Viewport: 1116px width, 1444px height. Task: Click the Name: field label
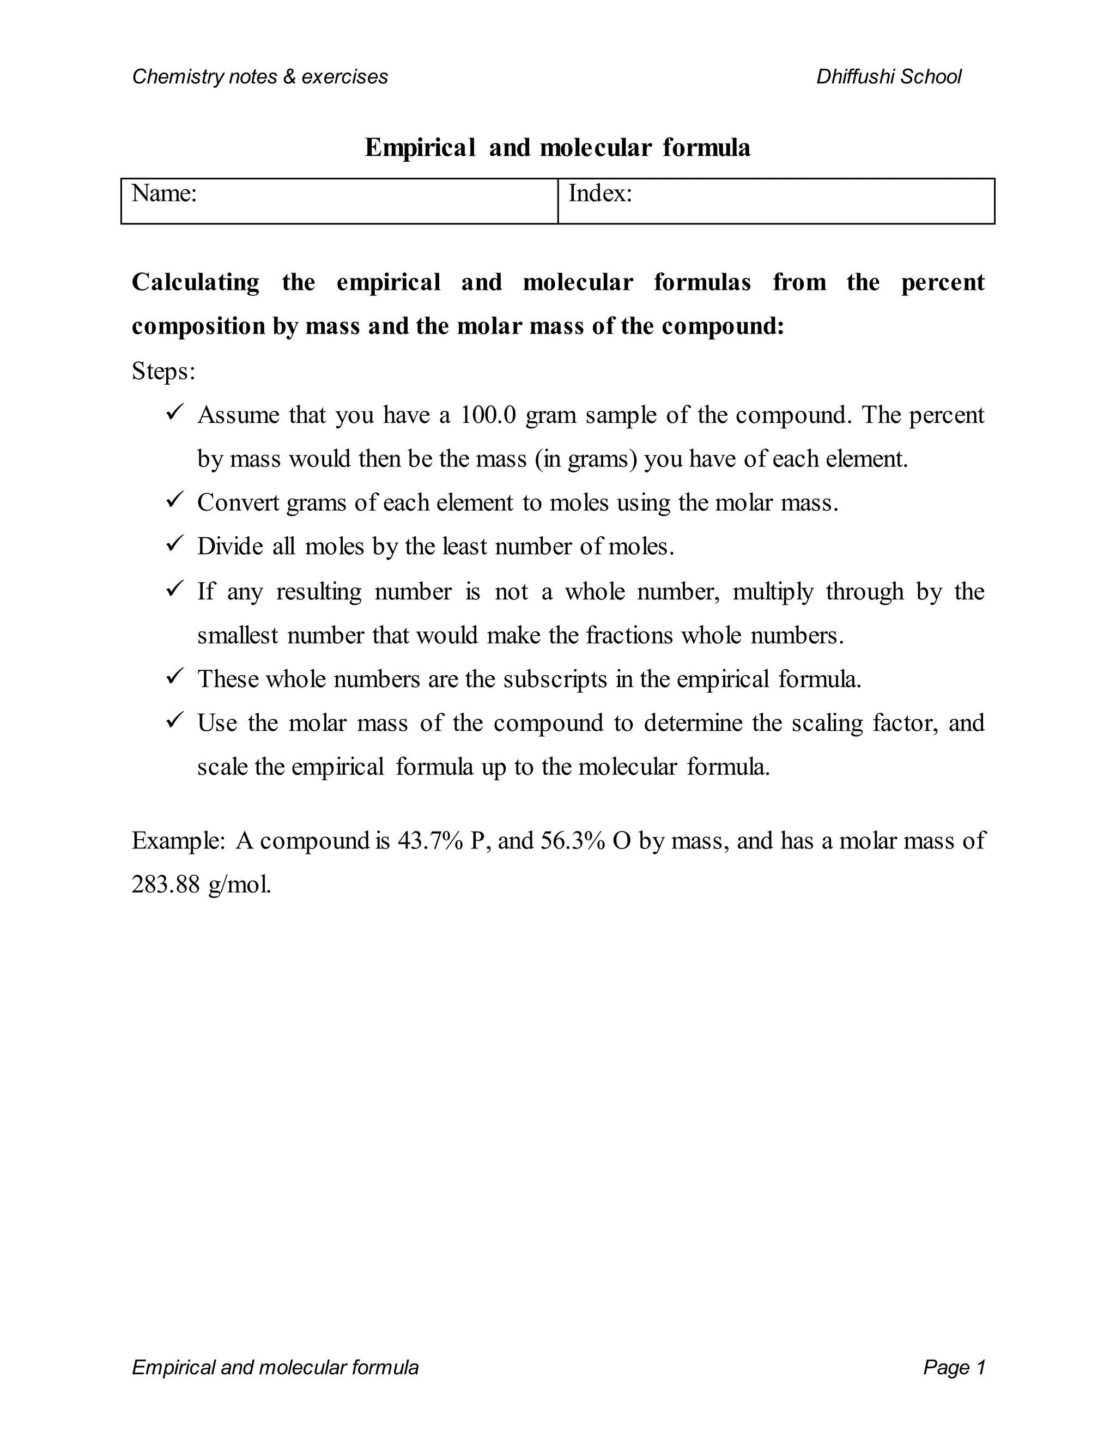point(164,194)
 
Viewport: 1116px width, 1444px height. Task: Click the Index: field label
point(599,194)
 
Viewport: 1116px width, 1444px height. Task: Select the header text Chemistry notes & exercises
point(260,77)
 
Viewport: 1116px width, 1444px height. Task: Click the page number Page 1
point(954,1367)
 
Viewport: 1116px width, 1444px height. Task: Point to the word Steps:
point(163,371)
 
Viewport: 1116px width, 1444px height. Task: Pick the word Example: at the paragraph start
point(179,840)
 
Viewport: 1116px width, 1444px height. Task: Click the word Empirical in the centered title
point(420,148)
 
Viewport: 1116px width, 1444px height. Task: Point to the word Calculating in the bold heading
point(196,282)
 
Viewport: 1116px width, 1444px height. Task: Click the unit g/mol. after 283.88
point(239,884)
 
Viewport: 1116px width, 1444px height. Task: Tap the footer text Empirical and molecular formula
point(275,1367)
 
